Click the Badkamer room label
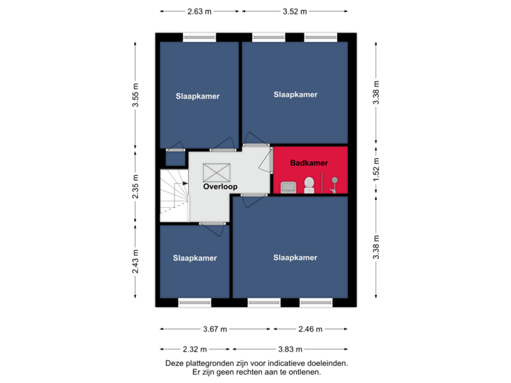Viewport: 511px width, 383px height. tap(309, 163)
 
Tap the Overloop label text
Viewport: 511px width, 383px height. tap(220, 187)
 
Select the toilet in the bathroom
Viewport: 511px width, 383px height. tap(309, 185)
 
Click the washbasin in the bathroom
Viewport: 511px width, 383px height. tap(288, 187)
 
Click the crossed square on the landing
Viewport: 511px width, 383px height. tap(216, 172)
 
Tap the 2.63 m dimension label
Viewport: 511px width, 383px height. tap(199, 11)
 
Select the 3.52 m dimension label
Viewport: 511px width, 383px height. tap(295, 11)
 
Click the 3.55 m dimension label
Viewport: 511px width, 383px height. tap(136, 95)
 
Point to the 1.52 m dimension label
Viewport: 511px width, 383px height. tap(376, 170)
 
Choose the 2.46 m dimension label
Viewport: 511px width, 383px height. tap(310, 329)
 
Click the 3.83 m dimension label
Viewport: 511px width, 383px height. tap(290, 350)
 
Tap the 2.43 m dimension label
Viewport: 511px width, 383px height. tap(136, 262)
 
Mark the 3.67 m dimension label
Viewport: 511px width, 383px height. tap(215, 329)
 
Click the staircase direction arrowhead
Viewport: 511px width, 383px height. tap(185, 184)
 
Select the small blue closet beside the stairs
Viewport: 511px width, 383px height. tap(176, 159)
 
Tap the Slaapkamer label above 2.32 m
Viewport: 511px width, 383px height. tap(195, 258)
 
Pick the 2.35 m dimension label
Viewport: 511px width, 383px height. tap(136, 187)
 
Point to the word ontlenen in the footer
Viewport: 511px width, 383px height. tap(306, 372)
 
